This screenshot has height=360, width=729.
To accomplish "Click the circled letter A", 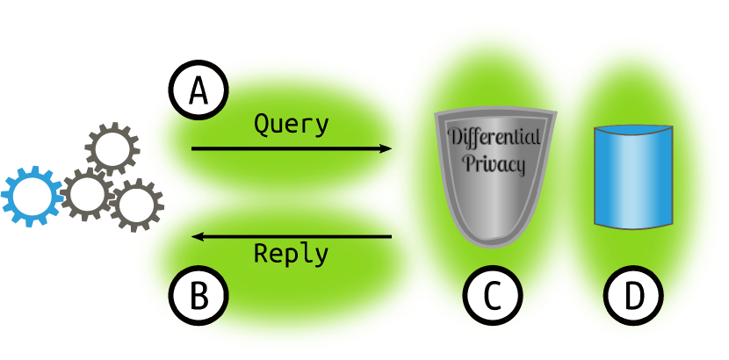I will (x=198, y=90).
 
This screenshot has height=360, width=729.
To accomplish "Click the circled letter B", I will (x=198, y=297).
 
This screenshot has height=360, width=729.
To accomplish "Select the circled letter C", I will (x=493, y=297).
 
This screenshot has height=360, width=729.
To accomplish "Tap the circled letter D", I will (x=633, y=297).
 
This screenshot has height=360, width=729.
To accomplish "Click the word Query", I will (x=292, y=125).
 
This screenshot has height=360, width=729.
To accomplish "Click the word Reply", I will (x=292, y=254).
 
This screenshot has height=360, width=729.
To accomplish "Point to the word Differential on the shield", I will (x=495, y=138).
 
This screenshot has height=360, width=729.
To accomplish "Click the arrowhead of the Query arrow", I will (x=386, y=149).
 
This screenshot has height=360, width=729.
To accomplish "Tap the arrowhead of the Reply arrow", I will (x=198, y=236).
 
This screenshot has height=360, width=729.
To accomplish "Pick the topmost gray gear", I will (x=112, y=148).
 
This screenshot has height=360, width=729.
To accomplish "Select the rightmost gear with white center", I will (x=136, y=205).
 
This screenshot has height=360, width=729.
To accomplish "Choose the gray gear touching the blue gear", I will (x=86, y=195).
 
